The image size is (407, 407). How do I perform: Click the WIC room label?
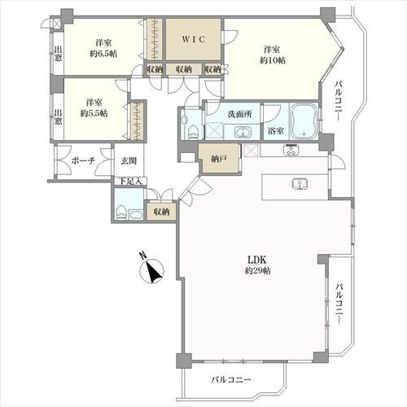point(194,39)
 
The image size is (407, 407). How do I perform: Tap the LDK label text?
point(256,260)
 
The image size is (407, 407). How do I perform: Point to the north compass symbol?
point(151,269)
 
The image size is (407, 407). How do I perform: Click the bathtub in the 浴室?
point(303,121)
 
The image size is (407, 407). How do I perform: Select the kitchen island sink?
point(300,184)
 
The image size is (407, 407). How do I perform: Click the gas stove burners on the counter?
point(291,150)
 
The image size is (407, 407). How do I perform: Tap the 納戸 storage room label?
point(219,160)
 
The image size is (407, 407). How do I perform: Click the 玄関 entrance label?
point(129,161)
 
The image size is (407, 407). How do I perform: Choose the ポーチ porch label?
point(83,160)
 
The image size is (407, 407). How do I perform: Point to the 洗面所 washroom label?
point(239,114)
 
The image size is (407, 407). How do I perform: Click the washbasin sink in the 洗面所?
point(243,133)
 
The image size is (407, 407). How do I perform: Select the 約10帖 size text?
point(273,60)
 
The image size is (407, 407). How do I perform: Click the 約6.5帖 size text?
point(103,54)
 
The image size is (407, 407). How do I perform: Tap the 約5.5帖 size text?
point(94,113)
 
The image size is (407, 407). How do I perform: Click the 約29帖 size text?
point(257,270)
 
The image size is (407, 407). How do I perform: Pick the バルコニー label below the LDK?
point(231,379)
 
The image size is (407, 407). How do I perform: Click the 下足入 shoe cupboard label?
point(130,182)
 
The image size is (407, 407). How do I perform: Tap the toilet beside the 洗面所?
point(193,131)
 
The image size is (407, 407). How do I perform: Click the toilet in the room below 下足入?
point(121,212)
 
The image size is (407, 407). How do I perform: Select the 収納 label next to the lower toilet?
point(161,212)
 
